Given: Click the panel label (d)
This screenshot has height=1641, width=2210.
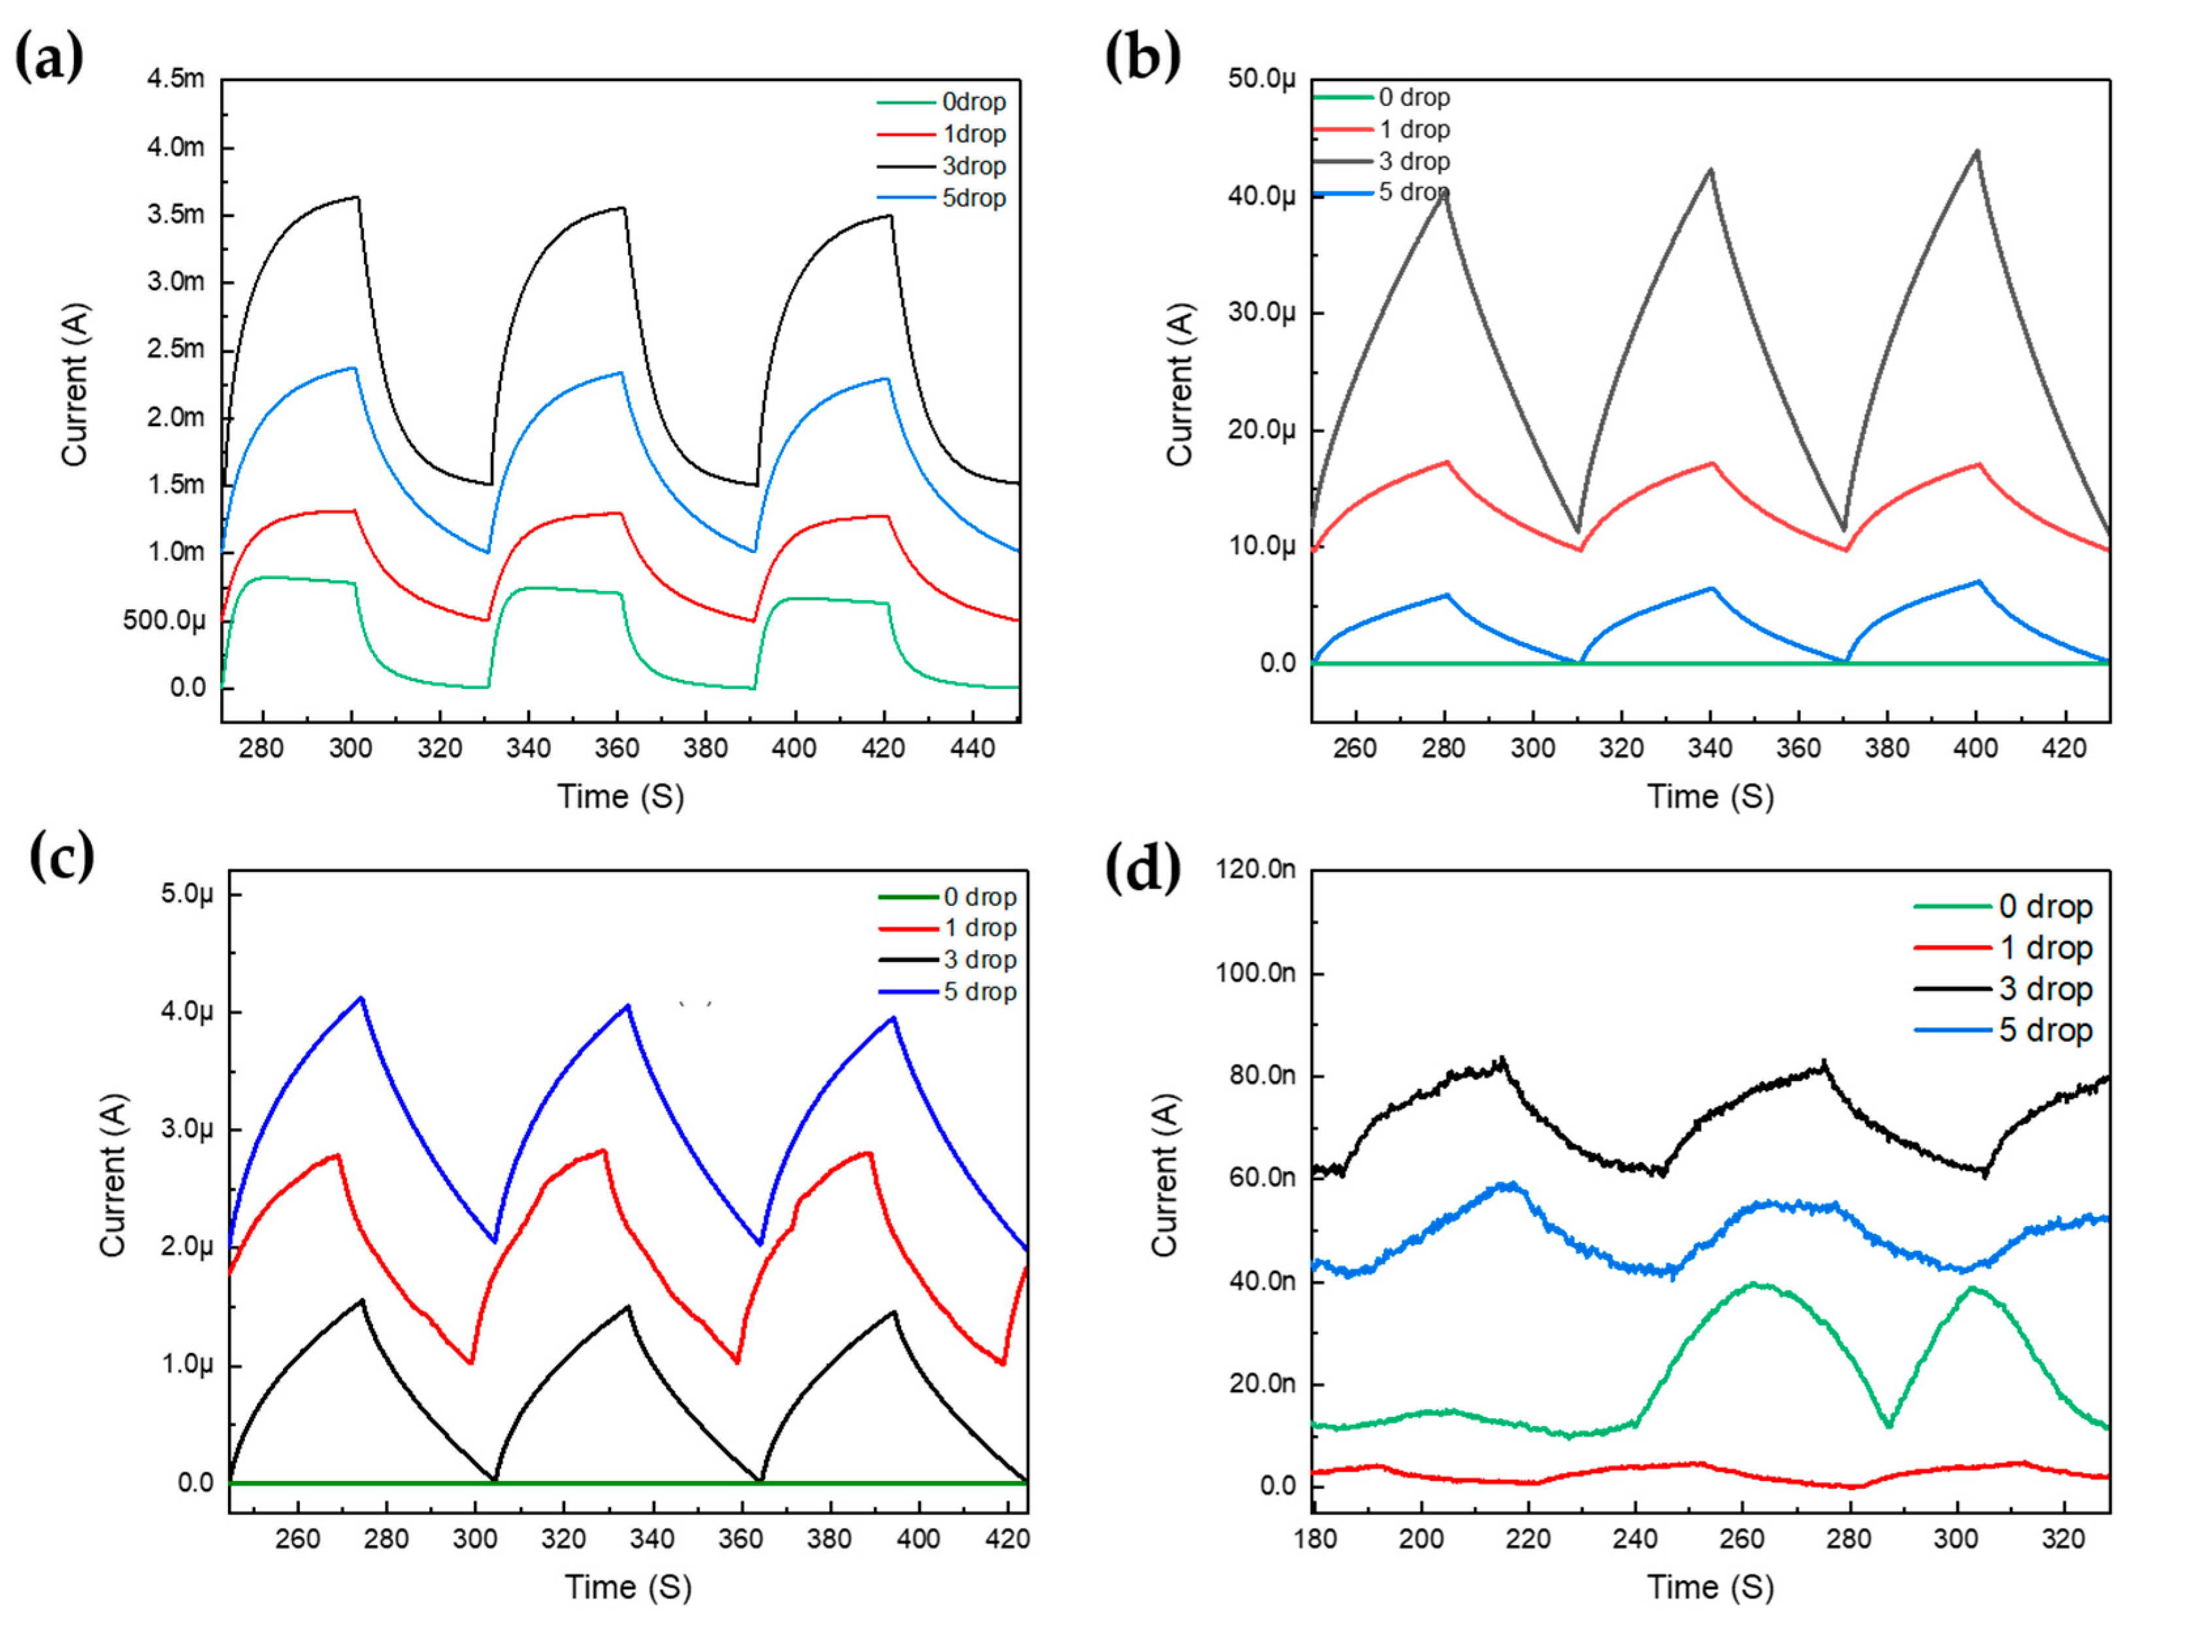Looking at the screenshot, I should point(1142,868).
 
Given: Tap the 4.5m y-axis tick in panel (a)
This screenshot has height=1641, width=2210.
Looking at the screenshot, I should point(176,78).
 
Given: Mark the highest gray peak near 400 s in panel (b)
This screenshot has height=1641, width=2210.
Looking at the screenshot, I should point(1977,152).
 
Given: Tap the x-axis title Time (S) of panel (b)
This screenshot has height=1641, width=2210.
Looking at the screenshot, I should point(1710,797).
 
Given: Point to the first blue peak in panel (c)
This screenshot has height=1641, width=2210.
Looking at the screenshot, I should point(361,997).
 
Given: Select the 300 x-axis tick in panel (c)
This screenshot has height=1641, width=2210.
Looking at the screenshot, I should point(475,1538).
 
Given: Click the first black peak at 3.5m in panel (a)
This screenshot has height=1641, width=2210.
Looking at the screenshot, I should point(357,197).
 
